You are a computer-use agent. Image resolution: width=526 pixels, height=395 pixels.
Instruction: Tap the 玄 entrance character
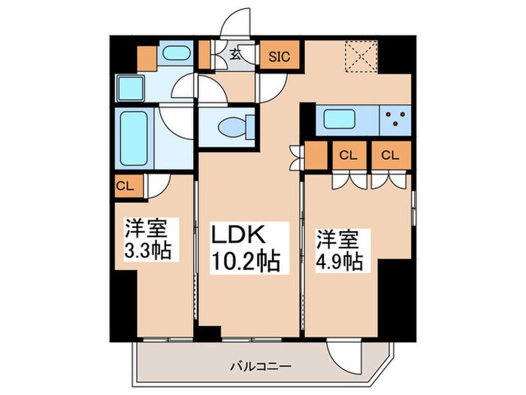[234, 54]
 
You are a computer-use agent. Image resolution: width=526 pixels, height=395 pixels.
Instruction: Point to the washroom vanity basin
[176, 54]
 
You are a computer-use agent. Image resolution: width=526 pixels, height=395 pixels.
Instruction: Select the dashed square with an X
[360, 54]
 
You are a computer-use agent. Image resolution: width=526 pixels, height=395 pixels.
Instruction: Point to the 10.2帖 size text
[244, 262]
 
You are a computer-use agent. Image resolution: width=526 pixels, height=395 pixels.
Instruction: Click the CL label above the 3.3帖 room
[125, 184]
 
